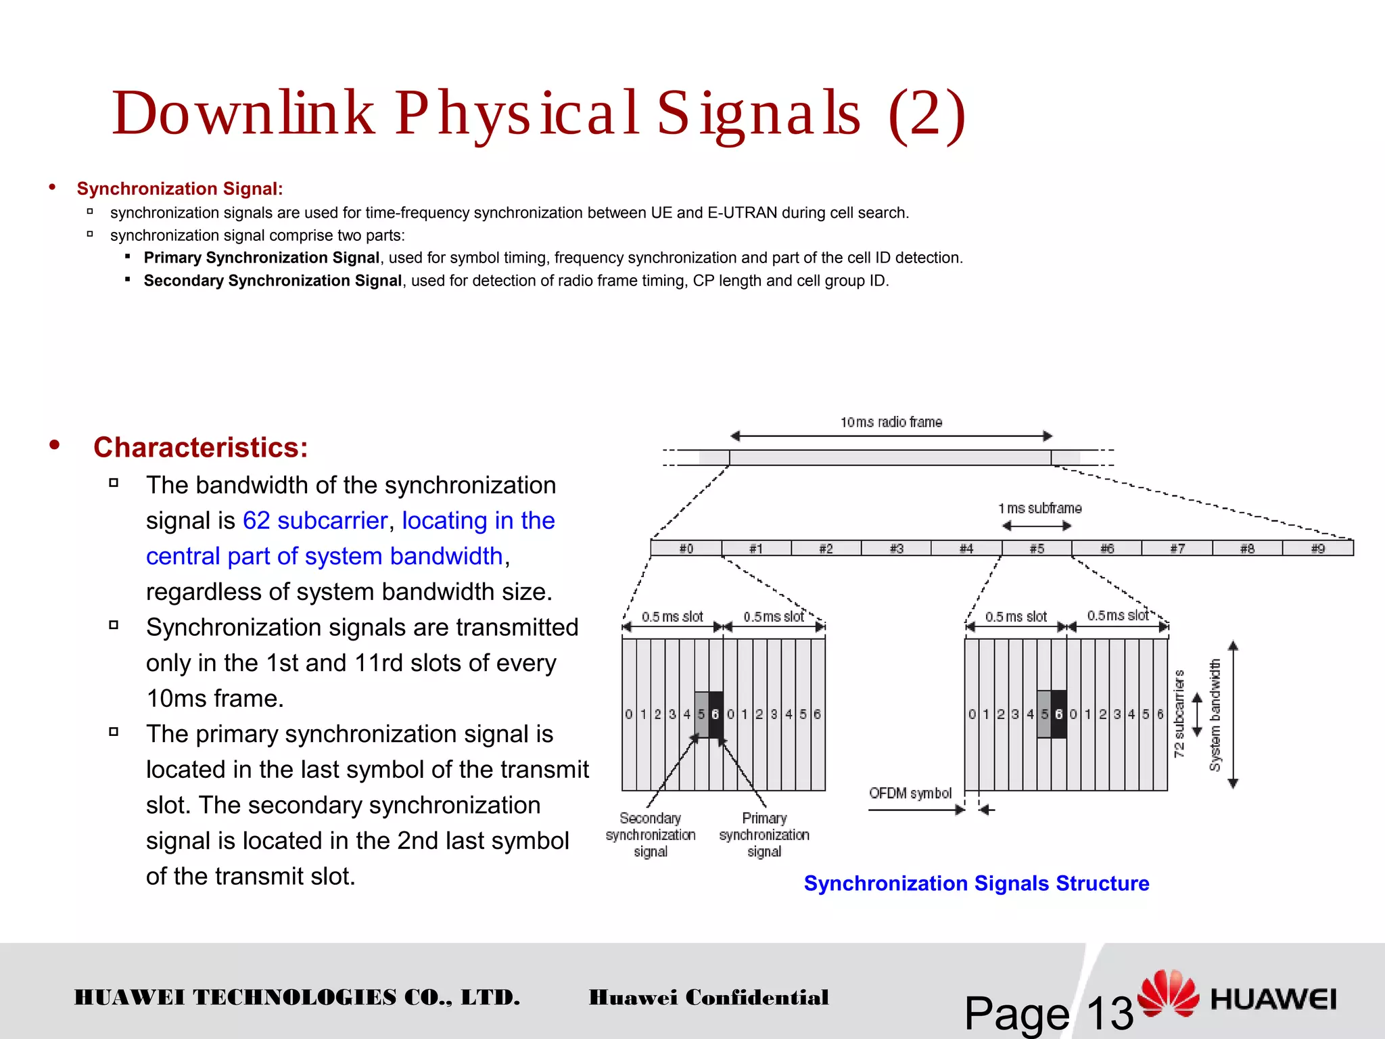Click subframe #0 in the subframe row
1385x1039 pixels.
point(686,549)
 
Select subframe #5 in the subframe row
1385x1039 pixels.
point(1037,549)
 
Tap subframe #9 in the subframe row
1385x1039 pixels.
point(1317,549)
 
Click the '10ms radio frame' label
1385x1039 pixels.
point(891,422)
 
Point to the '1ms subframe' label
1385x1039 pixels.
point(1039,508)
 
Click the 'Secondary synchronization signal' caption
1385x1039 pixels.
point(651,835)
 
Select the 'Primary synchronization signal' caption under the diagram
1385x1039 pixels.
point(764,835)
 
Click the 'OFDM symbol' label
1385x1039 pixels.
point(910,793)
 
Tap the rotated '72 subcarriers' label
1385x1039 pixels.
point(1179,714)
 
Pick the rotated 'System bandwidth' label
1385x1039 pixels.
point(1215,715)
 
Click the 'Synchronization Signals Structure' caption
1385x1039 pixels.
point(976,883)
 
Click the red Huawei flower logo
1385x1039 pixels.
point(1168,993)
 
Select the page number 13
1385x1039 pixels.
point(1109,1013)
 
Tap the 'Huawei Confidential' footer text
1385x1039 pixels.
point(708,997)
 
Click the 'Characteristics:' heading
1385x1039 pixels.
point(200,447)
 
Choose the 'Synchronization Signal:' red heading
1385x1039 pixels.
point(179,189)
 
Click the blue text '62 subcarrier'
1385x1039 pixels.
point(314,520)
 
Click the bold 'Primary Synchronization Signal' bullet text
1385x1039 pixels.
point(261,258)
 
